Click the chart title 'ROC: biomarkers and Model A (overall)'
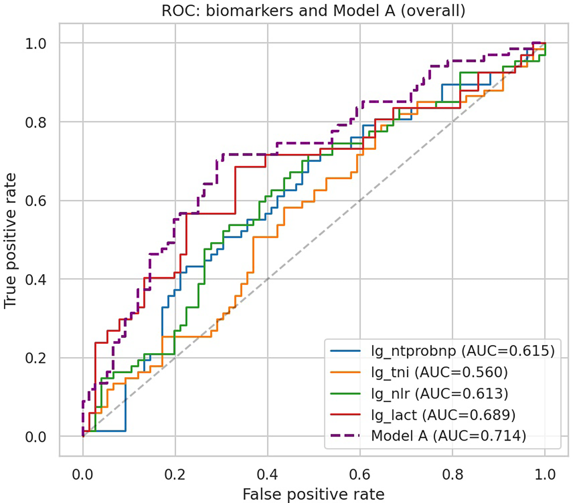313,11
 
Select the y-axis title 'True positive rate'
10,240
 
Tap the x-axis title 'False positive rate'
313,494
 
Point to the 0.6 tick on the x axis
360,474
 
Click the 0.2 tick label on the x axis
175,474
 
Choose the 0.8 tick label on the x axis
452,474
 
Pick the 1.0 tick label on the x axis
545,474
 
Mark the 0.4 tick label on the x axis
267,474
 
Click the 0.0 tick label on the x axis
83,474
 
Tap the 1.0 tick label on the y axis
36,44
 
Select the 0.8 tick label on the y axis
36,122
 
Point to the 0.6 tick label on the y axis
36,201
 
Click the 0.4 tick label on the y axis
36,279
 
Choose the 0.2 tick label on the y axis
36,358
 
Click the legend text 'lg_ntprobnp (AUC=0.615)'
463,351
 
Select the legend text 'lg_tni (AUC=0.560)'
439,372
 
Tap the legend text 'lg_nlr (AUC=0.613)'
439,393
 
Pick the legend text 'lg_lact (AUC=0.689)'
443,415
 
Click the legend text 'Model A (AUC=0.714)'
448,436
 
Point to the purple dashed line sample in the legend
345,436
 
